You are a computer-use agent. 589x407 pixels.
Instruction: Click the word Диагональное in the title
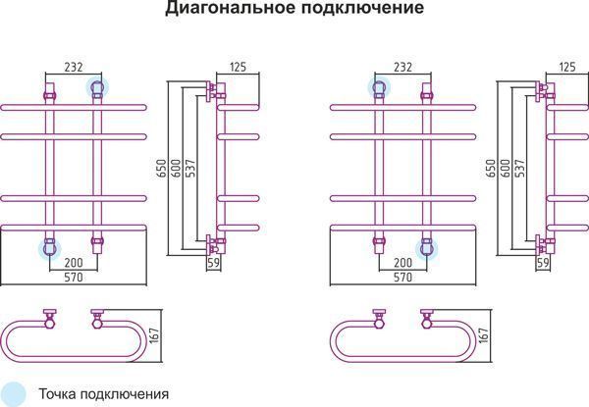(231, 8)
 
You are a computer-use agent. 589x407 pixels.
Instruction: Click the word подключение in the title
(362, 8)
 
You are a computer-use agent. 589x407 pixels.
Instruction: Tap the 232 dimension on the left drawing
(74, 67)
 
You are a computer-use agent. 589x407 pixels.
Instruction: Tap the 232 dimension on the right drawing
(402, 67)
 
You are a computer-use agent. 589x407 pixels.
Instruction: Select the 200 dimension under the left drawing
(74, 263)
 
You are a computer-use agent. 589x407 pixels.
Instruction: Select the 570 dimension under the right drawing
(402, 278)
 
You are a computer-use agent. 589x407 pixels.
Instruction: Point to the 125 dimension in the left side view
(238, 67)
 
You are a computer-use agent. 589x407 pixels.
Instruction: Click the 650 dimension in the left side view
(161, 169)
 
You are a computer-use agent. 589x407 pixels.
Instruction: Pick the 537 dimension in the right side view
(520, 169)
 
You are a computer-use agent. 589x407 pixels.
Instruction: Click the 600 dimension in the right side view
(506, 169)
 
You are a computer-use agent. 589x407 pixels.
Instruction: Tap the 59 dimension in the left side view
(214, 263)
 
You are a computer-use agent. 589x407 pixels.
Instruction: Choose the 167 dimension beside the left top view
(155, 335)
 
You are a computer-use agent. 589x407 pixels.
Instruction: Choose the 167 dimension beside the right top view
(484, 335)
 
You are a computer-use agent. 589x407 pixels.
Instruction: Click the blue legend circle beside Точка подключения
(12, 394)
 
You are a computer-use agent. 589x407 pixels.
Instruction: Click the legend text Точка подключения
(104, 394)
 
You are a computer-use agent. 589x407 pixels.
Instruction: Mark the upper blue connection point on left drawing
(97, 88)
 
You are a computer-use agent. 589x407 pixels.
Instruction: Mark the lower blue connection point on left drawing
(50, 249)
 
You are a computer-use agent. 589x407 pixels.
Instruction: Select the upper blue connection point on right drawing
(379, 88)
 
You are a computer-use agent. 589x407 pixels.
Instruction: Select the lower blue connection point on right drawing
(426, 249)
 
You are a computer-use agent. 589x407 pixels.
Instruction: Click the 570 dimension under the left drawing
(74, 278)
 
